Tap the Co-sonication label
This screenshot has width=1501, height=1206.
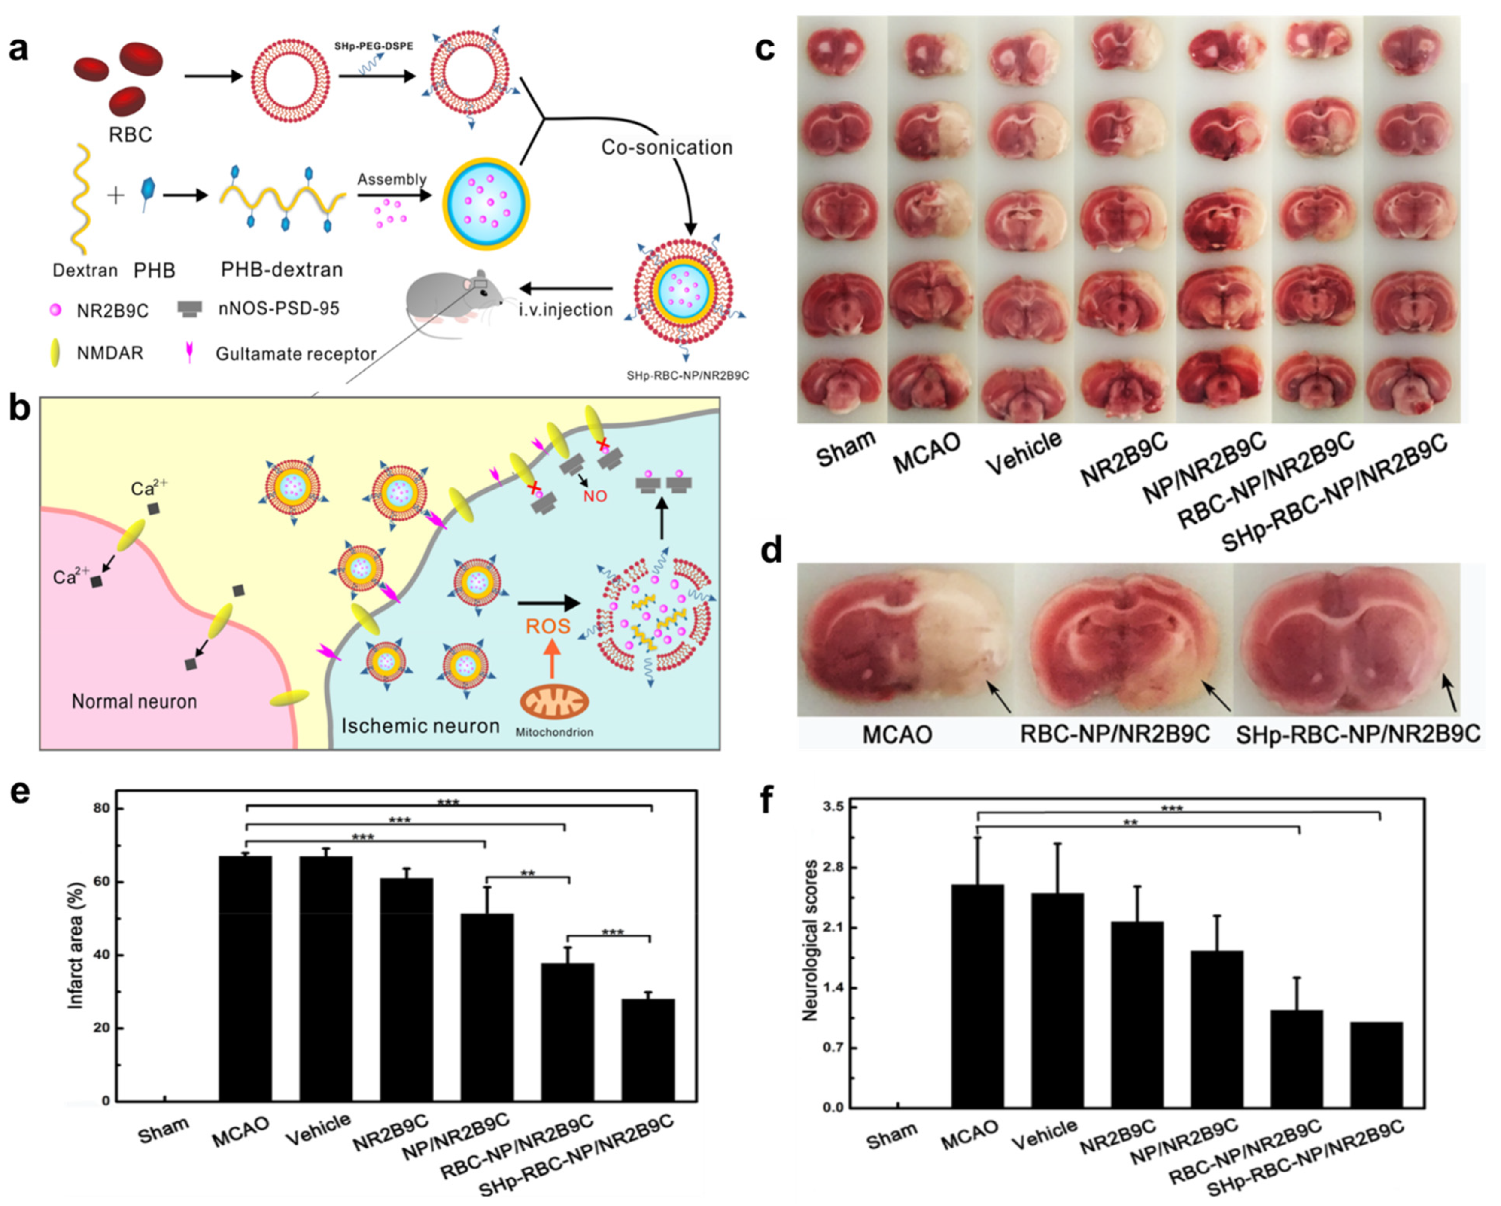[666, 148]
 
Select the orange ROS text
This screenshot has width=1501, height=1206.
[548, 626]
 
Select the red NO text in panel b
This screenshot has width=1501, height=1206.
[595, 496]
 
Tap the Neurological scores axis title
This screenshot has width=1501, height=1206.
[810, 941]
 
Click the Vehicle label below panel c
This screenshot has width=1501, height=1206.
[1024, 453]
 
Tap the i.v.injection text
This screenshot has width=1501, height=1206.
[565, 309]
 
